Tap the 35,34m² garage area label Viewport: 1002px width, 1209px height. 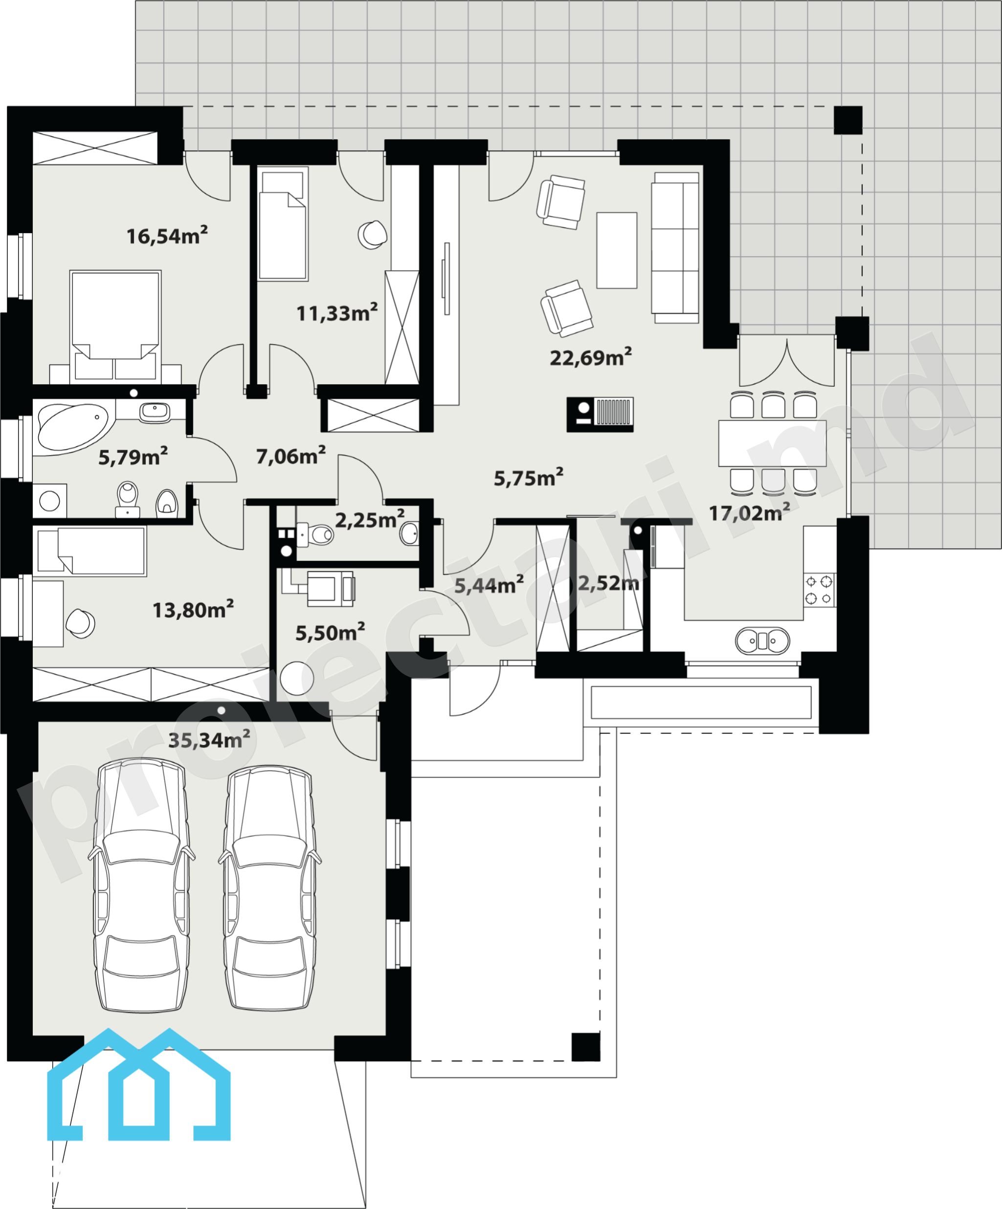[x=209, y=739]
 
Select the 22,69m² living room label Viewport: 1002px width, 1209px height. [x=591, y=357]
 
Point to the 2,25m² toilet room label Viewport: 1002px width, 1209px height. [x=370, y=519]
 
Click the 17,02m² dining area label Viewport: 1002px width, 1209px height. [x=749, y=512]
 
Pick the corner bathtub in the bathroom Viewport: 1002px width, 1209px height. [x=75, y=427]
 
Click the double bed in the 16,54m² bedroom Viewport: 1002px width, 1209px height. [x=115, y=326]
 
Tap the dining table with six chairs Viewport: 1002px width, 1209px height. [x=773, y=443]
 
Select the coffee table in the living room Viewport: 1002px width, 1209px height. [x=617, y=250]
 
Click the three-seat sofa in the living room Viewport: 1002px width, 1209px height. [x=675, y=247]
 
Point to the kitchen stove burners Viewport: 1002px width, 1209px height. [x=819, y=590]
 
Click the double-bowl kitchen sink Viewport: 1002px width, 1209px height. [x=762, y=641]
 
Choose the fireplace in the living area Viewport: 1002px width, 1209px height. [x=600, y=415]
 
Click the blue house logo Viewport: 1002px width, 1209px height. [x=139, y=1085]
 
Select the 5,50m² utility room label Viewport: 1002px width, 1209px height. [x=330, y=632]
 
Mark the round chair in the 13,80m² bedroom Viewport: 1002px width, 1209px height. [x=80, y=623]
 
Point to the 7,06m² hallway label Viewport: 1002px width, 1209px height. [x=291, y=455]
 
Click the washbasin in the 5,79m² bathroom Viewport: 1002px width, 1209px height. [x=155, y=412]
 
